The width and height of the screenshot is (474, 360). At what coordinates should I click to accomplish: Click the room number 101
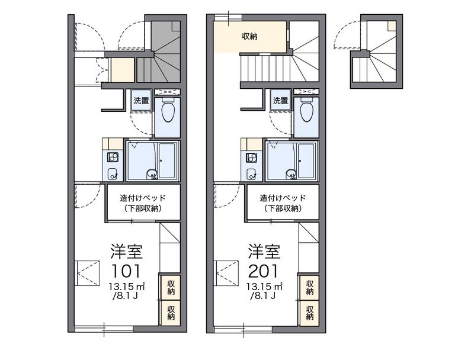126,271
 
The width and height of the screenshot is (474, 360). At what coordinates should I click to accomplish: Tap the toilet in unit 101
166,110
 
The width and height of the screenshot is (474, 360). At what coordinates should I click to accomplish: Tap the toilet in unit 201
306,110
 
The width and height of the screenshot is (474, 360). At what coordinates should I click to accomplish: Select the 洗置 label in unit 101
140,100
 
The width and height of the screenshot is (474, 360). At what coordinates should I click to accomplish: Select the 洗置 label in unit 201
280,100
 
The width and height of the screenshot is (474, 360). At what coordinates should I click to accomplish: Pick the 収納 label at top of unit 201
249,37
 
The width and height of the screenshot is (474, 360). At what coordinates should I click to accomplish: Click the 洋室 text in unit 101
126,250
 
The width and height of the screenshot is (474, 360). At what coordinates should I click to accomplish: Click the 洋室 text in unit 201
264,250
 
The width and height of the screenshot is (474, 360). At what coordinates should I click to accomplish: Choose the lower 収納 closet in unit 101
170,312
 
